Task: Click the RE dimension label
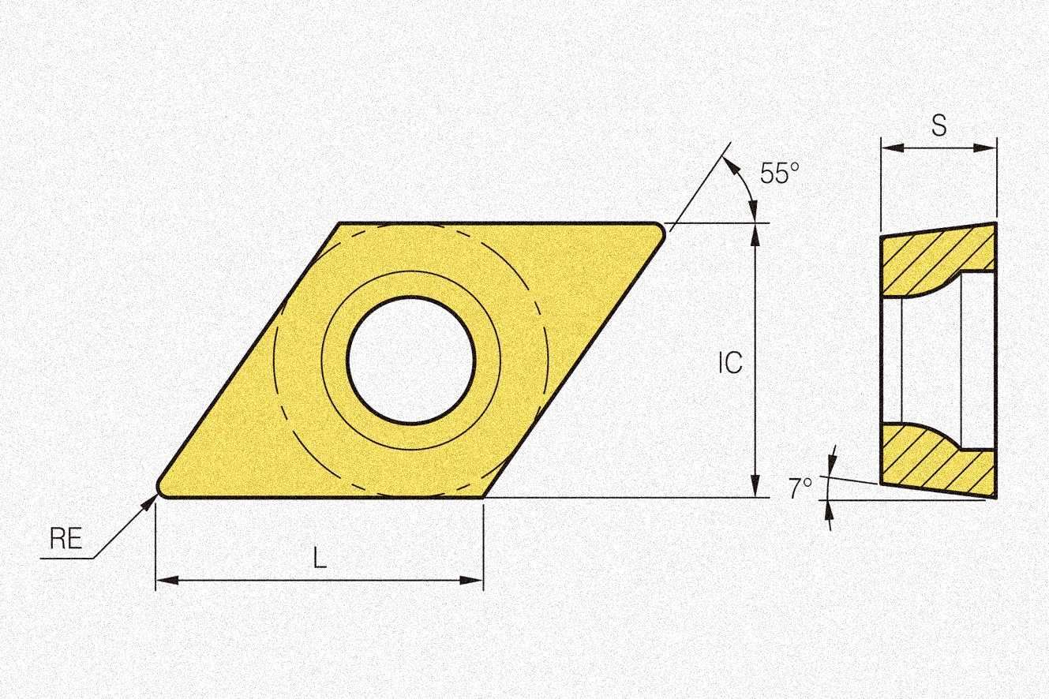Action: tap(66, 538)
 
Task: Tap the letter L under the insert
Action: tap(320, 558)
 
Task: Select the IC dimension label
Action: tap(731, 362)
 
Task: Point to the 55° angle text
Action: tap(779, 173)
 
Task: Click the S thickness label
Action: tap(939, 125)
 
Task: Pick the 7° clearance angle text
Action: tap(800, 488)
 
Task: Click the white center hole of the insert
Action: tap(411, 361)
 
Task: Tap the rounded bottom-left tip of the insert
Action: tap(160, 489)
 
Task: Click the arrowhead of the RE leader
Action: tap(150, 502)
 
